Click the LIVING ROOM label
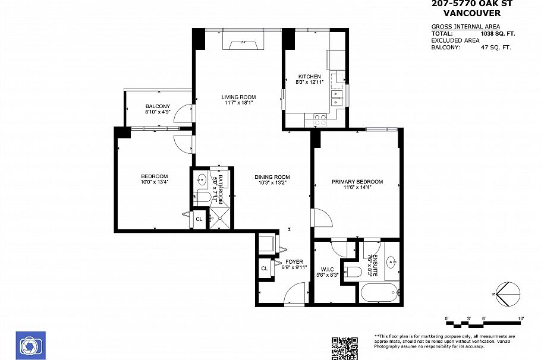(x=238, y=97)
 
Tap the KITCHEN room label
(x=309, y=77)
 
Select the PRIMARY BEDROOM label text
(x=357, y=182)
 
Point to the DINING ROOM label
(x=272, y=177)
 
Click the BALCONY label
(x=158, y=106)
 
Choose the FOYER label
(x=294, y=261)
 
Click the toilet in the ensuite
(x=353, y=272)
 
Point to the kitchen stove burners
(x=320, y=118)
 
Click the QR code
(x=344, y=348)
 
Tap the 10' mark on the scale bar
(x=521, y=319)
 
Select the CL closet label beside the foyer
(x=264, y=269)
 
